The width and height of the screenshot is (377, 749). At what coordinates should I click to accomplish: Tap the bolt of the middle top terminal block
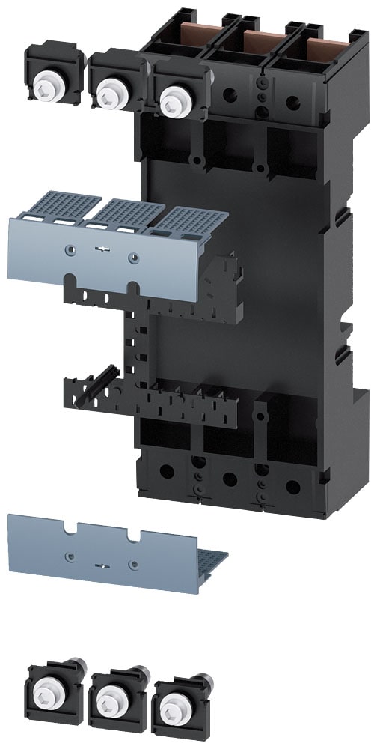click(111, 93)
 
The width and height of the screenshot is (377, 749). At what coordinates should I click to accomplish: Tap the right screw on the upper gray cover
click(132, 258)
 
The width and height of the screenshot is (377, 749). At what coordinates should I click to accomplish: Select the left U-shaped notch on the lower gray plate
click(69, 530)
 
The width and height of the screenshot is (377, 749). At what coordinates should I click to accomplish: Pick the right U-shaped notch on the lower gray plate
click(134, 537)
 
